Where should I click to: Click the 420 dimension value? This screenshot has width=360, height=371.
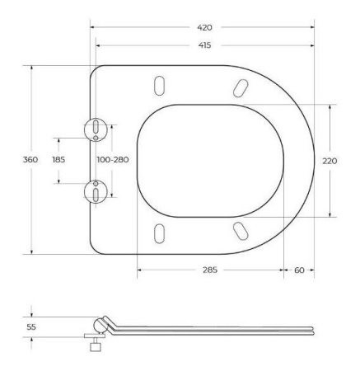tap(204, 27)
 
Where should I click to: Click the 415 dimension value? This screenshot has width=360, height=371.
tap(205, 45)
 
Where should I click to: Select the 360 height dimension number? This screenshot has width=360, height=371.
tap(30, 159)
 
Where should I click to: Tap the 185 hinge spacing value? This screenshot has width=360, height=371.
tap(58, 159)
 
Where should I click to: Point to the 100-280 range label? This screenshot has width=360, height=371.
tap(113, 159)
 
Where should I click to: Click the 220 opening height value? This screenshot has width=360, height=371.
tap(330, 161)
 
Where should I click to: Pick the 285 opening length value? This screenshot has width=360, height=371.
tap(210, 270)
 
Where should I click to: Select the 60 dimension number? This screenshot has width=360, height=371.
tap(299, 270)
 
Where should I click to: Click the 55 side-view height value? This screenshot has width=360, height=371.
tap(31, 327)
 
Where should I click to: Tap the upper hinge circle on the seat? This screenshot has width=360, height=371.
tap(96, 129)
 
